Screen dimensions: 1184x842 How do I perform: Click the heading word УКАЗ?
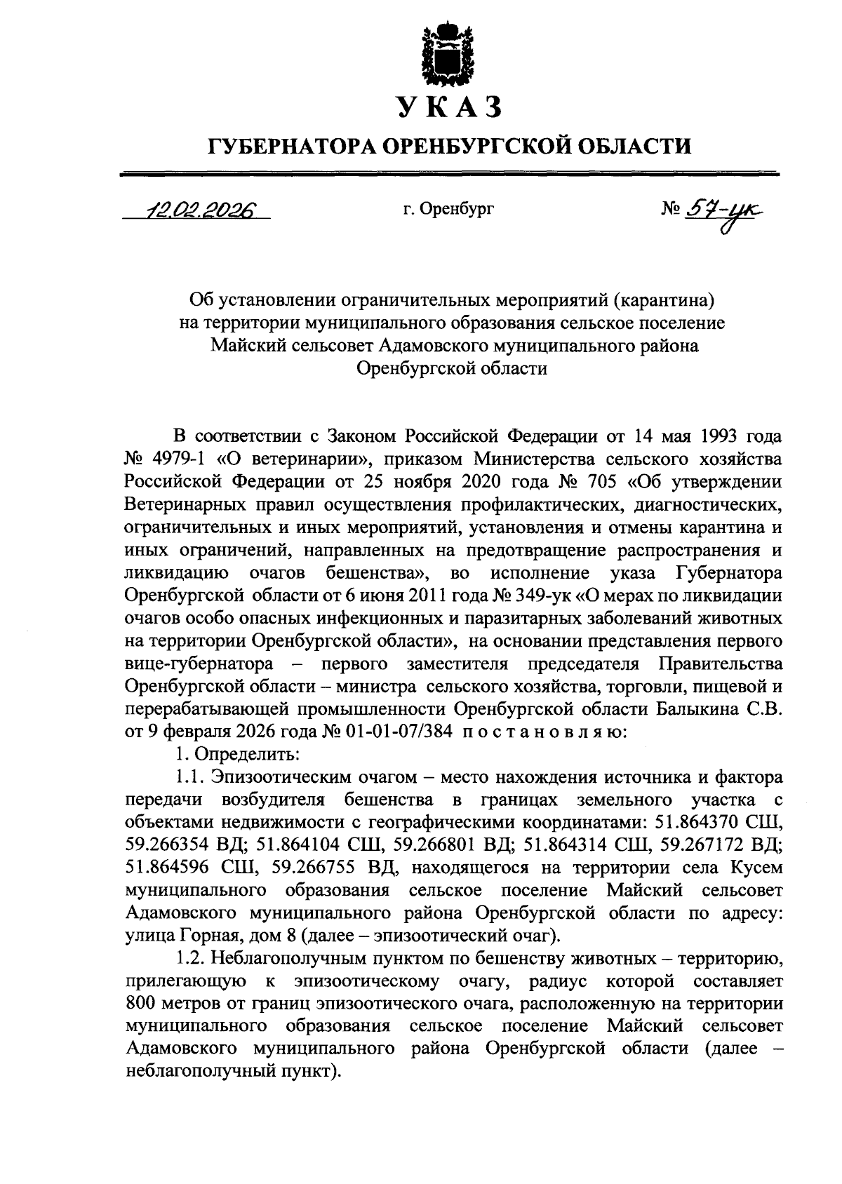coord(449,107)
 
